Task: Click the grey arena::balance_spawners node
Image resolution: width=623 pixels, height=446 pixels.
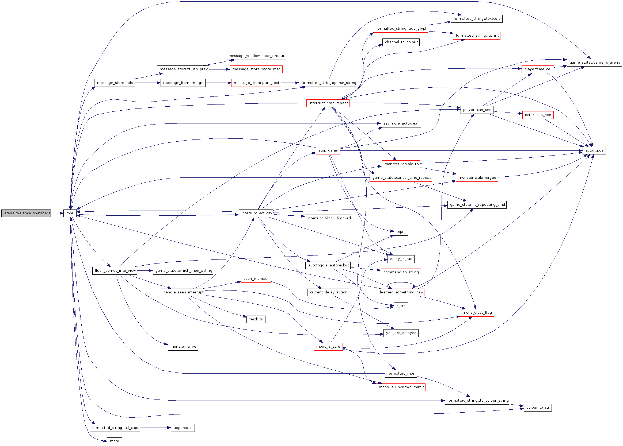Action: pyautogui.click(x=26, y=213)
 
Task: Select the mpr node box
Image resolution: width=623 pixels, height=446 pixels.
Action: pyautogui.click(x=70, y=213)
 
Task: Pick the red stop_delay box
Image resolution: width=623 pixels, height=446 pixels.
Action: pyautogui.click(x=328, y=150)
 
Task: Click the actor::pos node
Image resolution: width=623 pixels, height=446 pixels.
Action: pyautogui.click(x=594, y=150)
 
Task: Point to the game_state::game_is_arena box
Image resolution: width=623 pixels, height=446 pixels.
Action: pyautogui.click(x=594, y=63)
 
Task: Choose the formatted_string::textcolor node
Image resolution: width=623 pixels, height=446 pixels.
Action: pyautogui.click(x=477, y=19)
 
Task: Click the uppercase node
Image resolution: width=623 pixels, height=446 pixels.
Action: pyautogui.click(x=183, y=428)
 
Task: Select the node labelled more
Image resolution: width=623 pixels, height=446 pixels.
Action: pyautogui.click(x=115, y=441)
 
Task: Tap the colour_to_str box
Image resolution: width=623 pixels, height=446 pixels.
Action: pyautogui.click(x=538, y=407)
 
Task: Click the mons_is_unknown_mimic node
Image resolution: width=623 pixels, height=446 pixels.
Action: pyautogui.click(x=401, y=387)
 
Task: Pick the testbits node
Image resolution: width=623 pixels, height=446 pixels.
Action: pyautogui.click(x=256, y=319)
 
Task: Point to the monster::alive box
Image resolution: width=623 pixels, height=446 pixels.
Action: pyautogui.click(x=183, y=346)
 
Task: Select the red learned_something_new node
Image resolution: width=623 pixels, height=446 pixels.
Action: pyautogui.click(x=401, y=292)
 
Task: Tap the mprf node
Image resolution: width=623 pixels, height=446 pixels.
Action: pyautogui.click(x=401, y=231)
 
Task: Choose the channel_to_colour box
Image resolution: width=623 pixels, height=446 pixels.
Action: pyautogui.click(x=401, y=42)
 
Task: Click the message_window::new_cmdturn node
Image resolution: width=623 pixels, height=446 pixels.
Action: pyautogui.click(x=256, y=56)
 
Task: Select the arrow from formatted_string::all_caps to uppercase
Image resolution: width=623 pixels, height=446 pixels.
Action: pyautogui.click(x=155, y=428)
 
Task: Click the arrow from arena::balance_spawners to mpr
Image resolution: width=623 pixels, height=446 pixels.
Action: pyautogui.click(x=57, y=213)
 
